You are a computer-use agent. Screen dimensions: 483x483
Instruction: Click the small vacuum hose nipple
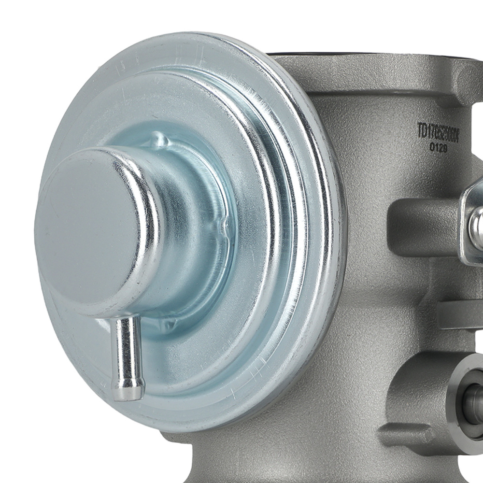click(125, 353)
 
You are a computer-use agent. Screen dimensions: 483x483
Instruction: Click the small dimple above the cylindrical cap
click(159, 141)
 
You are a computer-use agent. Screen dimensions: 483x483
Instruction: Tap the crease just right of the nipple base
click(167, 325)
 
